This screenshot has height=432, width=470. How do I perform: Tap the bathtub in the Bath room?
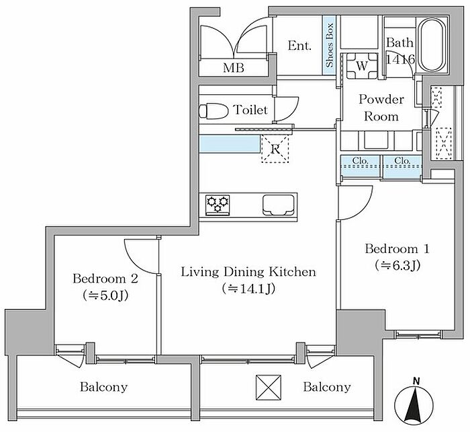coord(434,45)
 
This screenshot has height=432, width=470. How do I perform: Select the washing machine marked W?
coord(362,66)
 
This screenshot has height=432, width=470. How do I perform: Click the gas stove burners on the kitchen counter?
coord(218,205)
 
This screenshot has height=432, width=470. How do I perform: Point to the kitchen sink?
coord(279,205)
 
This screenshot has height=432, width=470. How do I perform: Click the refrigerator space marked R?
coord(275,149)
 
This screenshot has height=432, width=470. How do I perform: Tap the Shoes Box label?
coord(330,45)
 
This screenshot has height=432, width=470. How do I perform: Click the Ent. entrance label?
coord(299,46)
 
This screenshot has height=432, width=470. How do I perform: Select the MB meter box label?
coord(234,68)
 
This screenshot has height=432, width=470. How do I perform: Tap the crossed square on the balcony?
coord(269,388)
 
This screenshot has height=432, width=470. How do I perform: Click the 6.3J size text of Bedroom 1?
coord(397,265)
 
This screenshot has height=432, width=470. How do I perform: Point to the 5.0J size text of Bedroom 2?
coord(105,295)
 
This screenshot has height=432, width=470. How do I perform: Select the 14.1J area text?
coord(248,289)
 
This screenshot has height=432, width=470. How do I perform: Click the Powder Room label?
coord(381,108)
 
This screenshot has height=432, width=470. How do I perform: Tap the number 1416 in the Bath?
coord(400,60)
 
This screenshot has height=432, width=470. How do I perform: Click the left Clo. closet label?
coord(361,161)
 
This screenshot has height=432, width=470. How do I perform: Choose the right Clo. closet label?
coord(402,161)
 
